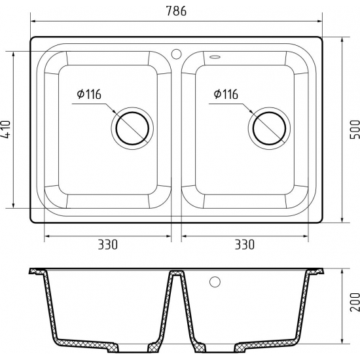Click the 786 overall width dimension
(x=176, y=10)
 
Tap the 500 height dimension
(x=355, y=129)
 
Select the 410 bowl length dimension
(x=6, y=129)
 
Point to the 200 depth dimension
(x=355, y=302)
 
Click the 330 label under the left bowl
(x=108, y=245)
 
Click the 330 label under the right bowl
(x=245, y=245)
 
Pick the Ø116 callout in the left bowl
(x=89, y=94)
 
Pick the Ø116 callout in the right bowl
(x=226, y=94)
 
